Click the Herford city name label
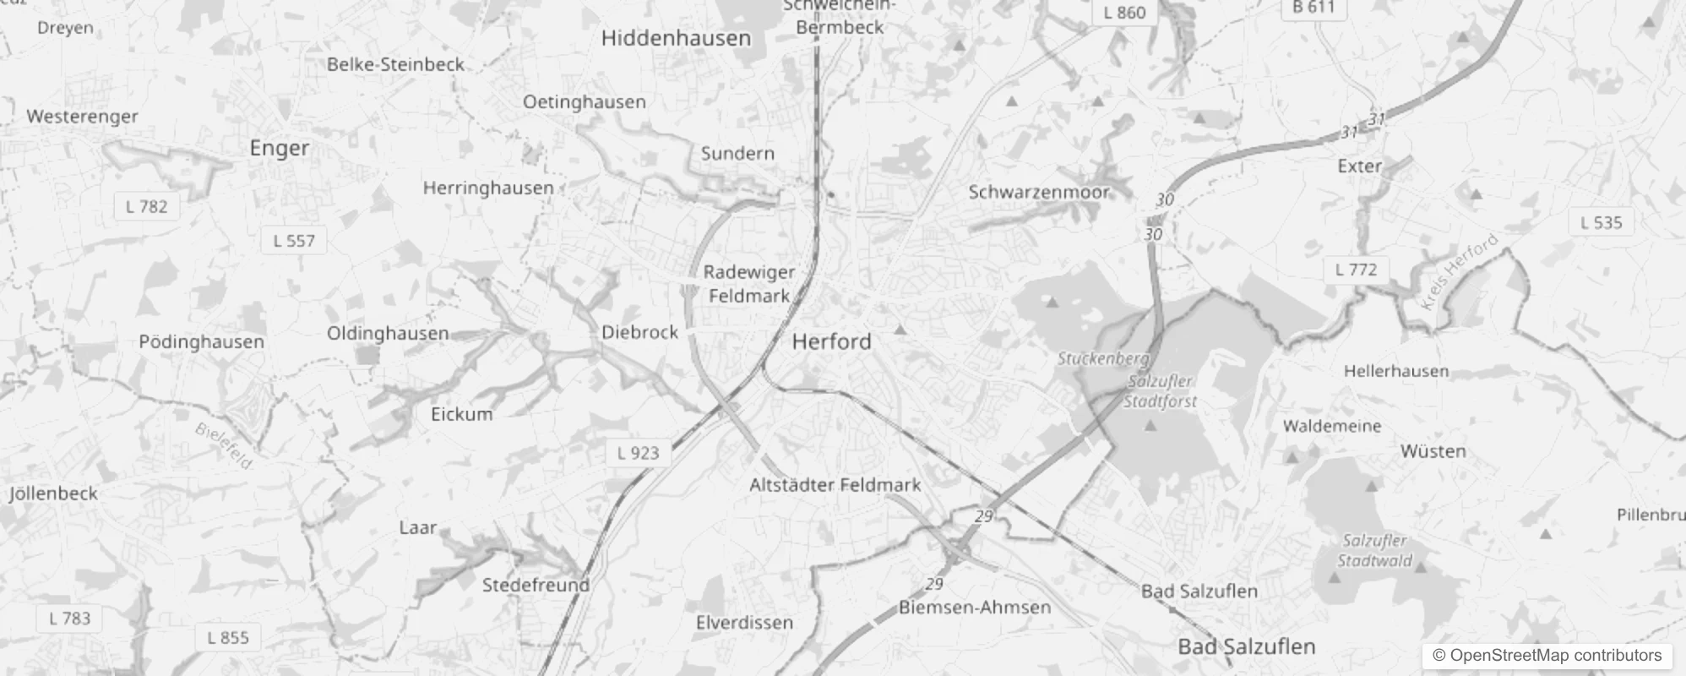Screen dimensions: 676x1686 (831, 341)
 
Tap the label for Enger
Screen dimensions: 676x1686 (280, 148)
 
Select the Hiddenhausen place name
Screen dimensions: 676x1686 (676, 38)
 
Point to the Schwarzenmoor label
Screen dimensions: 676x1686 (1038, 192)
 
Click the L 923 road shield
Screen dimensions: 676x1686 (638, 453)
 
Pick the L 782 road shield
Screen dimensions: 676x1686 (147, 206)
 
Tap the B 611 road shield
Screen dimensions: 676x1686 (1313, 8)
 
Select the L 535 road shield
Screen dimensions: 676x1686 (1601, 222)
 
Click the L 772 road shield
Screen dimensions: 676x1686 (1356, 270)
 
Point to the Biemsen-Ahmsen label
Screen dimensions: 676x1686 (975, 607)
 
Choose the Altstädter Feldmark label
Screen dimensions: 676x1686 (835, 485)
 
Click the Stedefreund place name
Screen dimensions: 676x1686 (536, 585)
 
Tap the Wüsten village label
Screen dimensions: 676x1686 (1433, 451)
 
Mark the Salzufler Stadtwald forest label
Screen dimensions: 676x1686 (1374, 550)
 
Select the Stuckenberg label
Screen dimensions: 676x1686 (1102, 359)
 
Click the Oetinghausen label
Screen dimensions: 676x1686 (584, 102)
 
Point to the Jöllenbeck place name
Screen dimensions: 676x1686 (54, 493)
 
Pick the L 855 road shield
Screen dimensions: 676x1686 (228, 637)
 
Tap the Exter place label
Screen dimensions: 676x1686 (1359, 166)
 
